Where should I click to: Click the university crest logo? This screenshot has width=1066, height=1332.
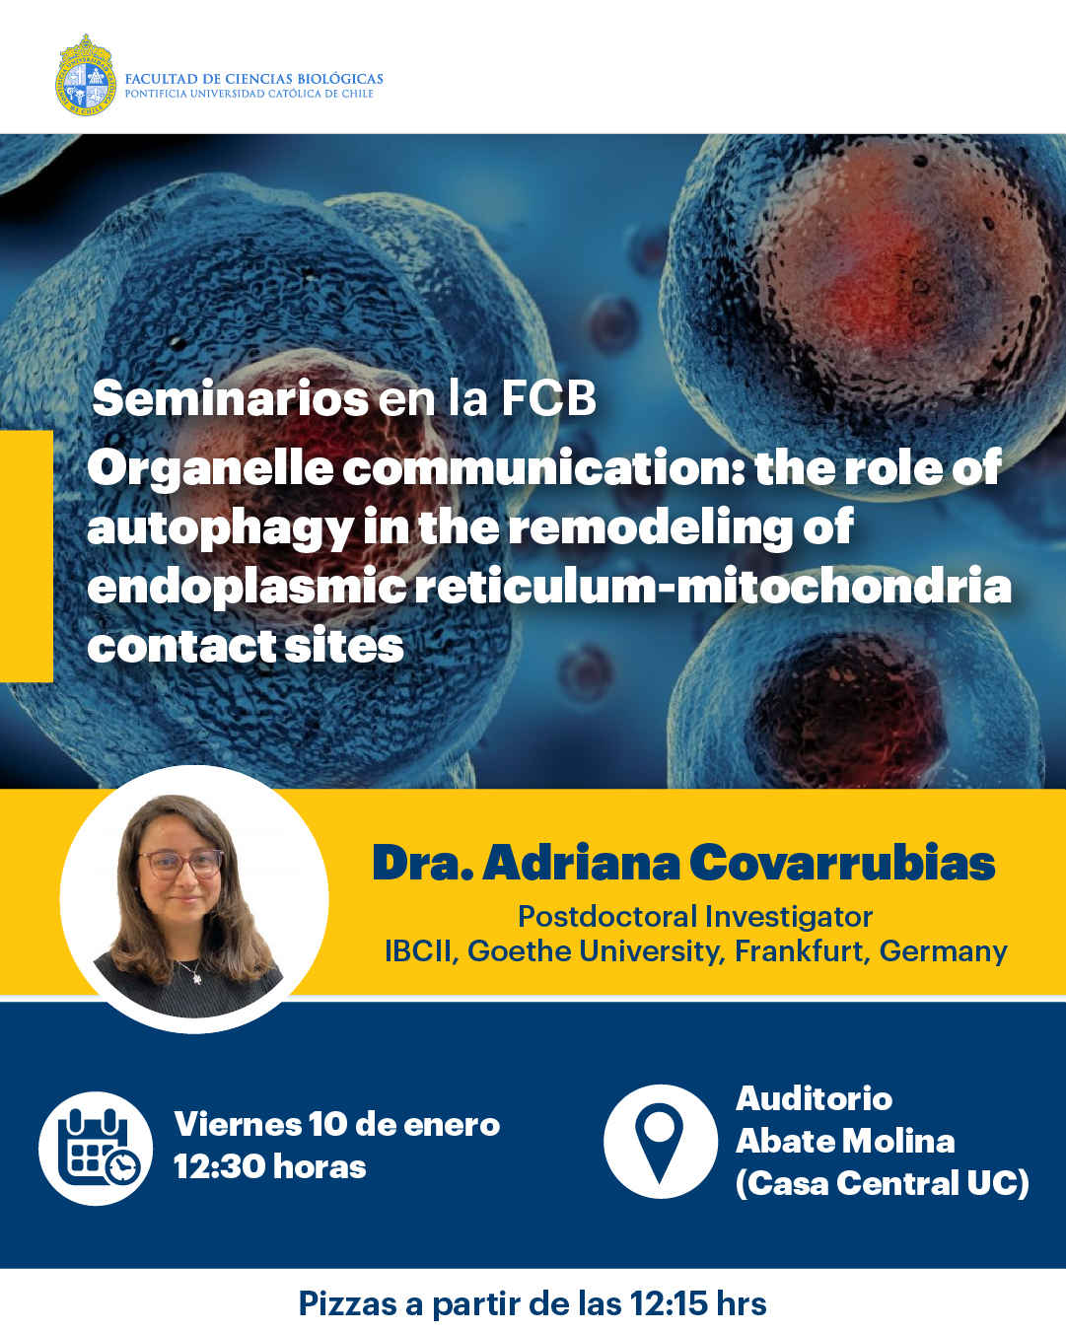click(x=86, y=75)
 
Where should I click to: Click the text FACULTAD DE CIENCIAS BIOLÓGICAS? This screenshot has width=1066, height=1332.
click(x=253, y=79)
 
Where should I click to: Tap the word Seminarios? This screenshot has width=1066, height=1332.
click(x=231, y=398)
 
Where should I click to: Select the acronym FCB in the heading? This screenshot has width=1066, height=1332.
click(x=548, y=398)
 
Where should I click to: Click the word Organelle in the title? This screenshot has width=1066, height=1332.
click(x=211, y=469)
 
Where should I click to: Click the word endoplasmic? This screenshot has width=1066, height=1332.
click(x=247, y=587)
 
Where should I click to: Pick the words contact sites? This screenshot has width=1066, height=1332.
click(x=246, y=646)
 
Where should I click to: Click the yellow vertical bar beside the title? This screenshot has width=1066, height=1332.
click(x=26, y=556)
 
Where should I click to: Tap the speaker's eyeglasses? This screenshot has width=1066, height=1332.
click(x=181, y=864)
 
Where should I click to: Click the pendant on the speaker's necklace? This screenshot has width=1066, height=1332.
click(x=195, y=978)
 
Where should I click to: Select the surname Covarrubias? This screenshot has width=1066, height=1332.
click(x=842, y=863)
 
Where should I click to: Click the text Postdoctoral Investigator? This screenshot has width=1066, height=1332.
click(x=695, y=917)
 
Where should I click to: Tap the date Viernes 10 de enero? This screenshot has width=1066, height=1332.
click(x=337, y=1125)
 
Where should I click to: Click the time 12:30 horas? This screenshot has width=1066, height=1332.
click(x=270, y=1167)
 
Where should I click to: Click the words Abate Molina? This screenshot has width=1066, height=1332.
click(x=845, y=1142)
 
